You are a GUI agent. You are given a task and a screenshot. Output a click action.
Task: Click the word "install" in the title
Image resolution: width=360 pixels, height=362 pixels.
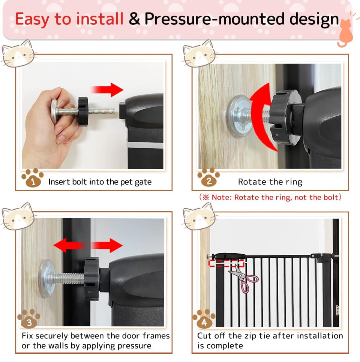point(100,19)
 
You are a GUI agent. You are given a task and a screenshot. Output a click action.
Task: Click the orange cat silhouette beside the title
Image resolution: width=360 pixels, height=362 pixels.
point(345,32)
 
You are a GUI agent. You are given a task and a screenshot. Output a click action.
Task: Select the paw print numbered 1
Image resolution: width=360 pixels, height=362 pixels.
point(33,177)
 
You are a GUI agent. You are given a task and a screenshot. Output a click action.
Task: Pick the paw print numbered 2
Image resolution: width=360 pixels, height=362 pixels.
point(208,177)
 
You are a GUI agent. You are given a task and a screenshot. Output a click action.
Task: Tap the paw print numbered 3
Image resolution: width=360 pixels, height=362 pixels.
point(28,318)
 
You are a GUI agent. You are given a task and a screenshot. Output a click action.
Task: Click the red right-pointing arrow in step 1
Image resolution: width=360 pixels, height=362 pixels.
point(107,90)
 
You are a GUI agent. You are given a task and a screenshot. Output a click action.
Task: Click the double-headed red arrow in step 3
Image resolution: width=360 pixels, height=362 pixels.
point(88,245)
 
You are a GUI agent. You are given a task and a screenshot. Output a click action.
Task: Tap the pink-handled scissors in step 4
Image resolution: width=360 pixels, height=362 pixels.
point(244,278)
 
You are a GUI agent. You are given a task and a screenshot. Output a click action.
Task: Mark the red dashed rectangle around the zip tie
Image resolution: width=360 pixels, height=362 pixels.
point(226,263)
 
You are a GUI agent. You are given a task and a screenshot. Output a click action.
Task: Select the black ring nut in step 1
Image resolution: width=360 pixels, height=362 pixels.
point(83,111)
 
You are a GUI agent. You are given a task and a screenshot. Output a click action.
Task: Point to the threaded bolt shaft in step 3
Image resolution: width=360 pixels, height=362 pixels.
point(67,279)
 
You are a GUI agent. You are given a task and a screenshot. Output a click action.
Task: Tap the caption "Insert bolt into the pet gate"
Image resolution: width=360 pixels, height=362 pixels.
point(100,182)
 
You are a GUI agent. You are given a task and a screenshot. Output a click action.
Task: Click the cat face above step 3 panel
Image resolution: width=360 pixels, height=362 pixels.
point(18,216)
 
